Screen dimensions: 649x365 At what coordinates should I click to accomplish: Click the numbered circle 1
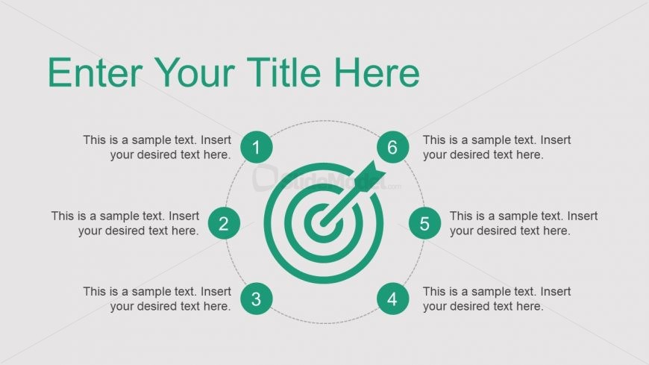256,147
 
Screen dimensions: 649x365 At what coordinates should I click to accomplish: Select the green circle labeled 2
224,223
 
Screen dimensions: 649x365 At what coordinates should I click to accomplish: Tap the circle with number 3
256,299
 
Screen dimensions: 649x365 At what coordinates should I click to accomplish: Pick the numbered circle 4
392,299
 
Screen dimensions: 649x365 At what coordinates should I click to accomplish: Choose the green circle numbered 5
424,223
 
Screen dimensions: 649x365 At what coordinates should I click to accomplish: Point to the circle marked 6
392,147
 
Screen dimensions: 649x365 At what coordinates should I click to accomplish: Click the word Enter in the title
95,72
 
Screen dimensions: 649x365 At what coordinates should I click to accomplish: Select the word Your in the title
196,72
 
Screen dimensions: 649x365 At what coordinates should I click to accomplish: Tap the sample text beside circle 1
157,147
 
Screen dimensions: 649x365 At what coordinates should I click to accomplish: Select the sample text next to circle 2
125,223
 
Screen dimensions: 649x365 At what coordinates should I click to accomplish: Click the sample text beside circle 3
157,299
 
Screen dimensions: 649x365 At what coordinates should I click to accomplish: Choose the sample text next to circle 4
497,299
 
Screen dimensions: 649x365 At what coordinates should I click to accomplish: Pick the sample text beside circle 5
524,223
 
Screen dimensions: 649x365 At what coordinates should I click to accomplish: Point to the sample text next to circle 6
497,147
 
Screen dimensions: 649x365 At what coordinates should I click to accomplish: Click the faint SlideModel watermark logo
326,179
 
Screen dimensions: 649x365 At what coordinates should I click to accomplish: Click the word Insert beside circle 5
583,216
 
